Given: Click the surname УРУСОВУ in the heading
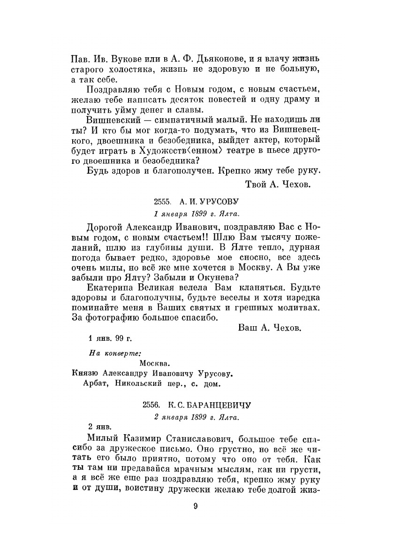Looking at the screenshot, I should click(220, 201).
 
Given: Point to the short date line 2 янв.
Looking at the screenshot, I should click(100, 427).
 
